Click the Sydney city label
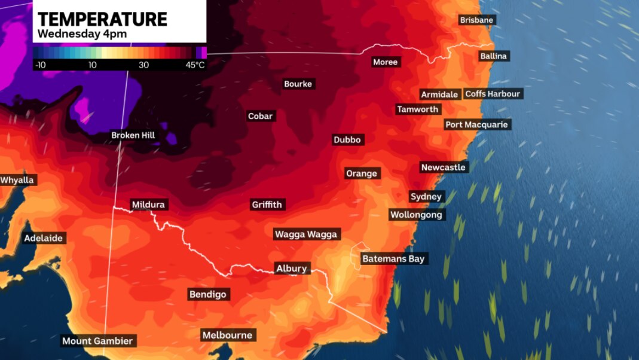[x=426, y=197]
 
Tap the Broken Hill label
[x=133, y=135]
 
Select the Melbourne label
[x=227, y=335]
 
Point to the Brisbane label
[x=476, y=20]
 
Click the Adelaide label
[x=43, y=238]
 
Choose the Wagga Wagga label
[x=306, y=234]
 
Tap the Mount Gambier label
[x=98, y=341]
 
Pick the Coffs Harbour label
[x=493, y=94]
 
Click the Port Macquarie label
[x=476, y=124]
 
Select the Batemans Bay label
[x=393, y=259]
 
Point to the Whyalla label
[x=18, y=180]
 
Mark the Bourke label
[x=298, y=84]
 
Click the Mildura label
[x=148, y=205]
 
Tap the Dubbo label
[x=347, y=139]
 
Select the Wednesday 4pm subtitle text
[x=82, y=34]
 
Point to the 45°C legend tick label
[x=195, y=65]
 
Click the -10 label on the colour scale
[x=41, y=65]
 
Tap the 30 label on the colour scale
[x=144, y=65]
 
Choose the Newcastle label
[x=443, y=167]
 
